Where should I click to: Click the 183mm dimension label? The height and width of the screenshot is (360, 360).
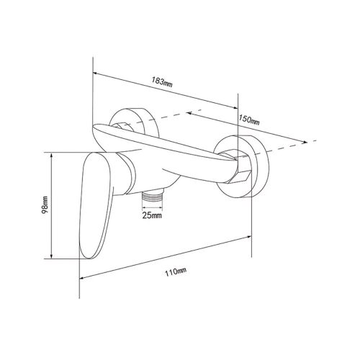tap(162, 82)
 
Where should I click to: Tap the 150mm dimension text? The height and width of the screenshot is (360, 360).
tap(249, 120)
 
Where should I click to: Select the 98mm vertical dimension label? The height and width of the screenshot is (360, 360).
tap(45, 205)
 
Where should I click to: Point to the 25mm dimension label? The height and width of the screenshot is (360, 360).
tap(152, 215)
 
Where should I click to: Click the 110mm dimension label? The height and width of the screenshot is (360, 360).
tap(176, 271)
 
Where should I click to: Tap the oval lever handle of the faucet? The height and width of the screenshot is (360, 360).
tap(96, 205)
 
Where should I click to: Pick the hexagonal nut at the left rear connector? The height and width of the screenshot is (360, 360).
tap(122, 127)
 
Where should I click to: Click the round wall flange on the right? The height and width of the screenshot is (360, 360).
tap(243, 166)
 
